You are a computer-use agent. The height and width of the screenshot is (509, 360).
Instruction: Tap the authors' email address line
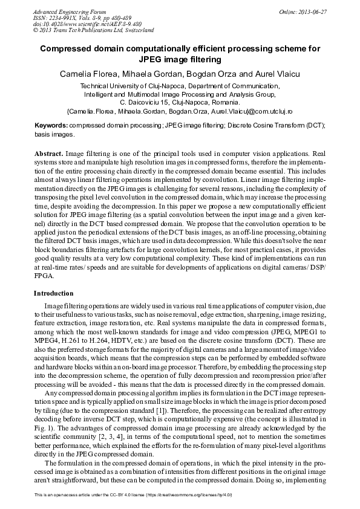[x=179, y=112]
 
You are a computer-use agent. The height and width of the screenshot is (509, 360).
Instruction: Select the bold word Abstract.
[x=48, y=155]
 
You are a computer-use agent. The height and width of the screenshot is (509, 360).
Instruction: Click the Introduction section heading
[x=53, y=293]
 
